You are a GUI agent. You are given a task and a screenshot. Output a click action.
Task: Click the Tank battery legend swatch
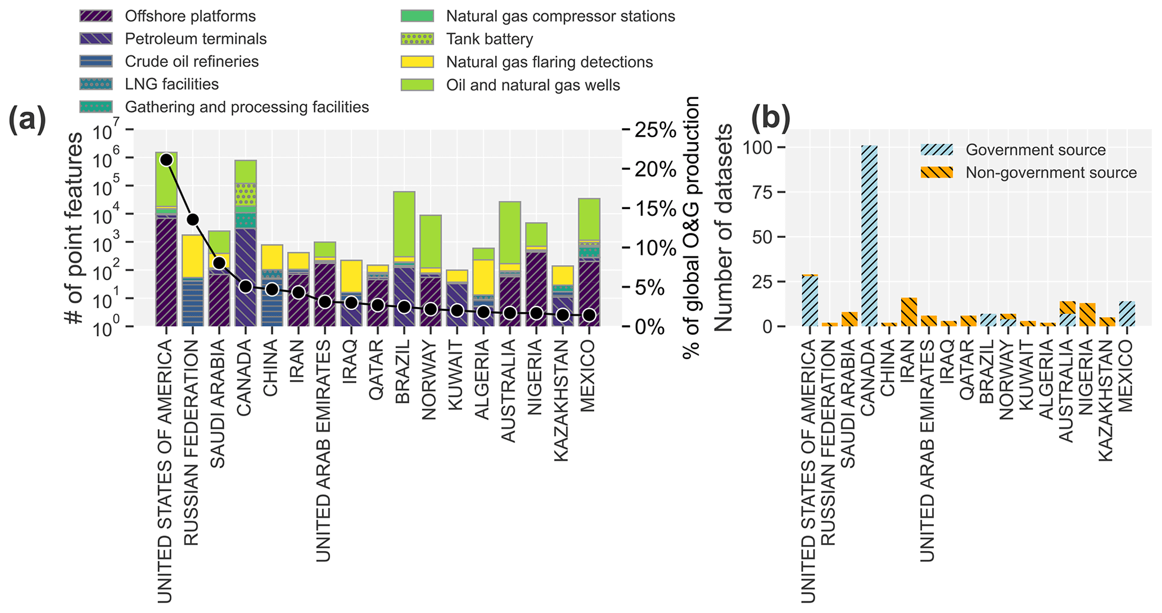[x=417, y=39]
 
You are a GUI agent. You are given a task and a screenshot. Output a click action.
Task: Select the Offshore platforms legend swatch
[x=96, y=16]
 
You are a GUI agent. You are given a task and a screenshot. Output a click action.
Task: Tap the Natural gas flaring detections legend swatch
[x=417, y=62]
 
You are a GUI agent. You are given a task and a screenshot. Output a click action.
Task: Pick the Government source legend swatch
[x=937, y=150]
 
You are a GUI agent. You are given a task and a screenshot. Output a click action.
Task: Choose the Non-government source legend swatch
[x=937, y=172]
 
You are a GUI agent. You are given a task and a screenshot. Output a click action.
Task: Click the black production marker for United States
[x=166, y=160]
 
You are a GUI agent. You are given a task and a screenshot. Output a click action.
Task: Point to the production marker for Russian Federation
[x=193, y=219]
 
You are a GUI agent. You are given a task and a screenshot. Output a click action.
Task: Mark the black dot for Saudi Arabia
[x=219, y=263]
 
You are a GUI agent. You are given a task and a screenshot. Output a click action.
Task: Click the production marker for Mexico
[x=589, y=315]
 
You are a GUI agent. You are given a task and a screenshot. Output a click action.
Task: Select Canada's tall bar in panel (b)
[x=869, y=236]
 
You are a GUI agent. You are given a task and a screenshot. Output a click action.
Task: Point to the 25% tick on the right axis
[x=655, y=130]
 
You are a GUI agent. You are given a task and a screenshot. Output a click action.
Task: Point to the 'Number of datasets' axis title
[x=725, y=228]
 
